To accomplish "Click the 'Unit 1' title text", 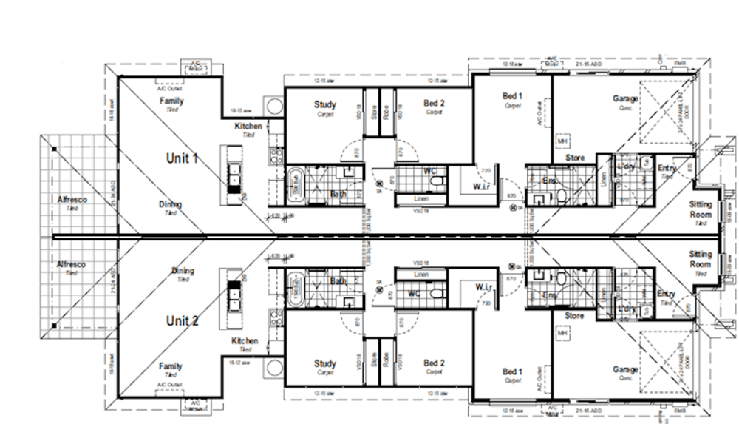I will [182, 158].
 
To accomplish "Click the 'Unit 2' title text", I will [182, 320].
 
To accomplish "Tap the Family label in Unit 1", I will [171, 101].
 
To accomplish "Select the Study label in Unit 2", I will [325, 363].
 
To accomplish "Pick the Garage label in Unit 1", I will [625, 98].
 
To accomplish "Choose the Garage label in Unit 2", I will [625, 369].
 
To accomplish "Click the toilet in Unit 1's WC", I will [438, 180].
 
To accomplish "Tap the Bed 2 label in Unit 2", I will [434, 363].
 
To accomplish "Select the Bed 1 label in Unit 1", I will [512, 97].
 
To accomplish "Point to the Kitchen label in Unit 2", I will [245, 341].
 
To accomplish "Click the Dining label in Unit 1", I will [171, 204].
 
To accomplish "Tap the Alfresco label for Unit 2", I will [71, 264].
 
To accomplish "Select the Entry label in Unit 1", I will [666, 169].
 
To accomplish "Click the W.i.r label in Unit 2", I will [484, 287].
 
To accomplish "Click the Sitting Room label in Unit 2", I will [700, 258].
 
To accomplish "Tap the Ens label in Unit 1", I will [549, 181].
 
